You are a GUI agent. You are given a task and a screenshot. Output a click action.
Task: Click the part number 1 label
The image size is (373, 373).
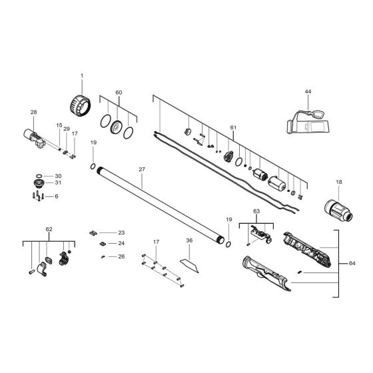click(82, 76)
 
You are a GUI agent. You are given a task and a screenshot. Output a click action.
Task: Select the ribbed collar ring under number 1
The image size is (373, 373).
click(81, 106)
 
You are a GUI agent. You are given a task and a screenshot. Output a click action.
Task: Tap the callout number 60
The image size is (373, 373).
click(119, 93)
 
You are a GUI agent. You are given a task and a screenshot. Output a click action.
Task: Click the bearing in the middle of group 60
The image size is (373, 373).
click(117, 127)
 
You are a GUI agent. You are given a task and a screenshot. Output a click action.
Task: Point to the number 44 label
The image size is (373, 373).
click(308, 92)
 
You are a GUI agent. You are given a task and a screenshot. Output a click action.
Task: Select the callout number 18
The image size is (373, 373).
click(339, 182)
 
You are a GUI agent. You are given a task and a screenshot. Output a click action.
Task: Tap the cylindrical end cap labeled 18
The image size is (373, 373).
click(338, 210)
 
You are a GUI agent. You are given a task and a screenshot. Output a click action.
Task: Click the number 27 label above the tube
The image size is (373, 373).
click(142, 169)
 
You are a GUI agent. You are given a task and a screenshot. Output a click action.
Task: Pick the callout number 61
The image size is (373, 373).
click(233, 128)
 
